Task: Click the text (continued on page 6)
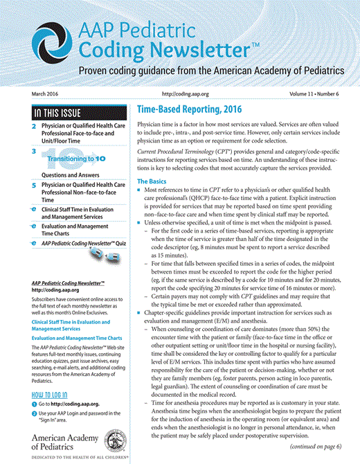click(316, 447)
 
